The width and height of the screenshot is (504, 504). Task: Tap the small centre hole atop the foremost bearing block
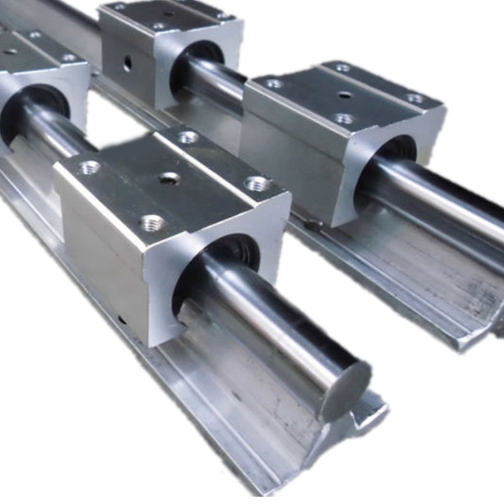(x=169, y=179)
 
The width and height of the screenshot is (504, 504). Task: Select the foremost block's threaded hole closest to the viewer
(x=151, y=221)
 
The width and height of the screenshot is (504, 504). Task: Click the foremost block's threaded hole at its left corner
(x=89, y=167)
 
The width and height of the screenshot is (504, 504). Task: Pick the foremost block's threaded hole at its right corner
(x=257, y=183)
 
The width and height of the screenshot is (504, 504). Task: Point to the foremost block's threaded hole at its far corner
(x=187, y=137)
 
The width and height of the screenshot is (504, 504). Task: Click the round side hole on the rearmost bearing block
(x=127, y=63)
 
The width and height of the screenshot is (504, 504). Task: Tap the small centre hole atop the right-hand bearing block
(x=344, y=95)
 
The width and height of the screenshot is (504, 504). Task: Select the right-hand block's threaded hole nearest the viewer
(x=344, y=118)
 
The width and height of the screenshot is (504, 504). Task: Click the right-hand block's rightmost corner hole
(x=415, y=98)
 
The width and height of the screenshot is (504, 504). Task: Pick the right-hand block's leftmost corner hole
(x=273, y=83)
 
